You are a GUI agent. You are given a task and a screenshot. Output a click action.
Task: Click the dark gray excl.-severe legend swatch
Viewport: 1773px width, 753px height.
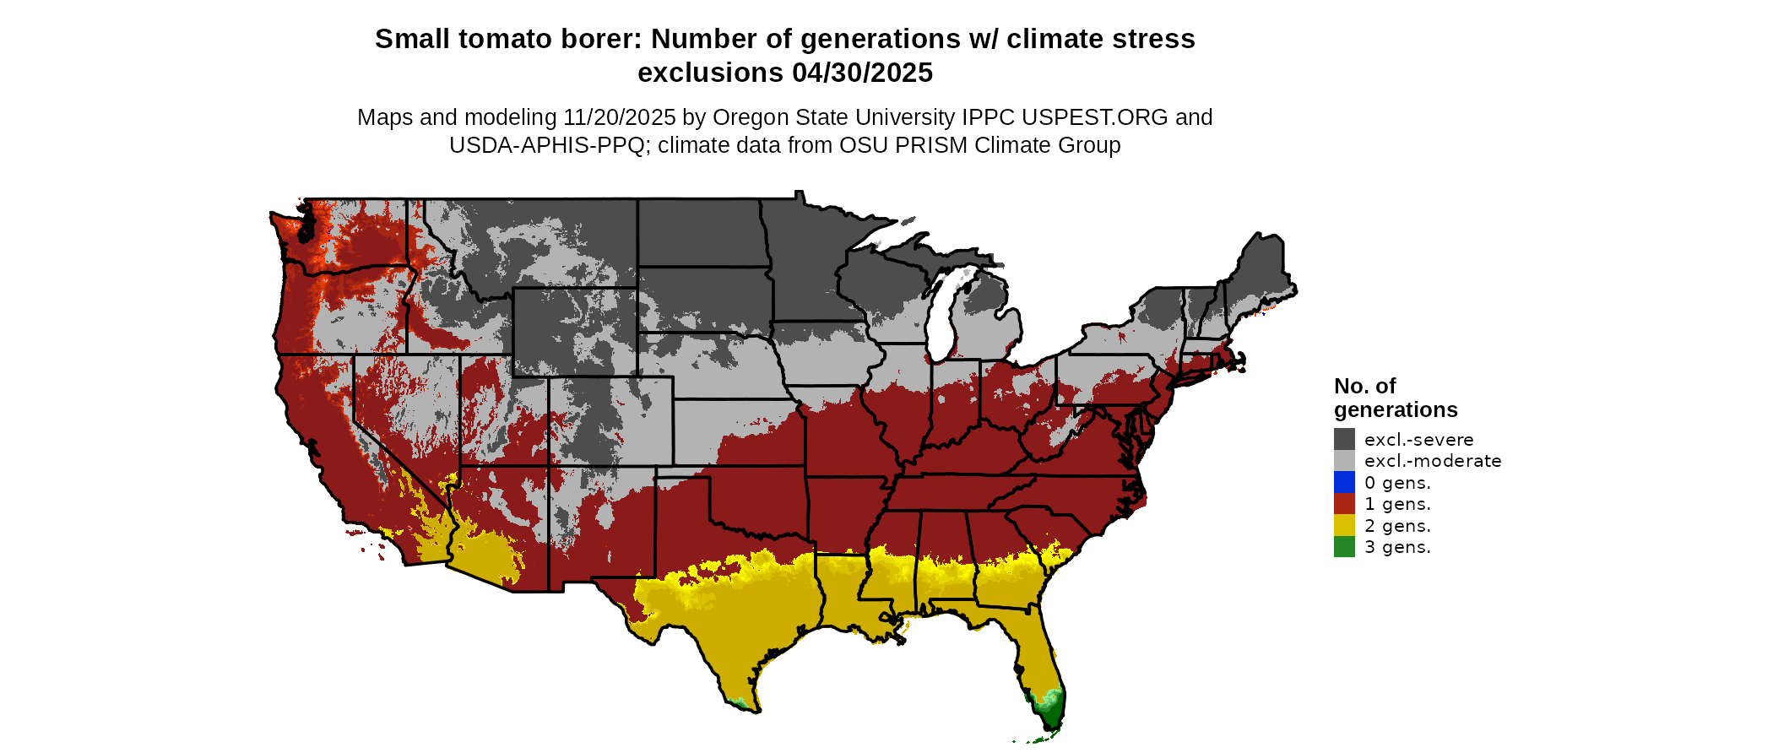1344,439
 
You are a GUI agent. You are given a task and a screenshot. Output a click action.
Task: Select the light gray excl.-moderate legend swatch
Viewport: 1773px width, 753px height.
1344,461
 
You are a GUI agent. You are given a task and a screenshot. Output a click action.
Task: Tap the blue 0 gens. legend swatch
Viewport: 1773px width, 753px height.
1344,482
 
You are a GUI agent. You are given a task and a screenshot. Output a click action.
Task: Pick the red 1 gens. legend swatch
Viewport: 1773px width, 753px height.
1344,504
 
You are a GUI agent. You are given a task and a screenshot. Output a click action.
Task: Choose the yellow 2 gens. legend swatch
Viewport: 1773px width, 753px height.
1344,525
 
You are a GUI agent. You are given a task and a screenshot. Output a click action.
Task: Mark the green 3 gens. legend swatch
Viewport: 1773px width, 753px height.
1344,547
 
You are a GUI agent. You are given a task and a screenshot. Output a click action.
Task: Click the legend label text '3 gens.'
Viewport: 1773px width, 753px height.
1397,547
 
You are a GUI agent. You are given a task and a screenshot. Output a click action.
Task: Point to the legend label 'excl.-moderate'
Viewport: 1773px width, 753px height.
1433,461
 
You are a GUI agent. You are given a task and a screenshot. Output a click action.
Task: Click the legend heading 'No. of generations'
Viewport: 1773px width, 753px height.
1395,398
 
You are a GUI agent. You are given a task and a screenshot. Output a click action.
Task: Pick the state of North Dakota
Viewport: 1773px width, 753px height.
700,232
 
